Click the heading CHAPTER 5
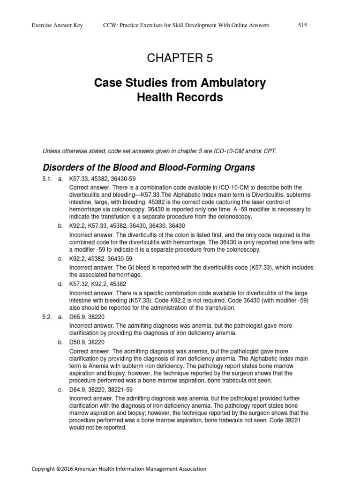pos(180,58)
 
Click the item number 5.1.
pos(47,179)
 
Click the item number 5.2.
pos(47,317)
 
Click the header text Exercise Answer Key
pos(57,25)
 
